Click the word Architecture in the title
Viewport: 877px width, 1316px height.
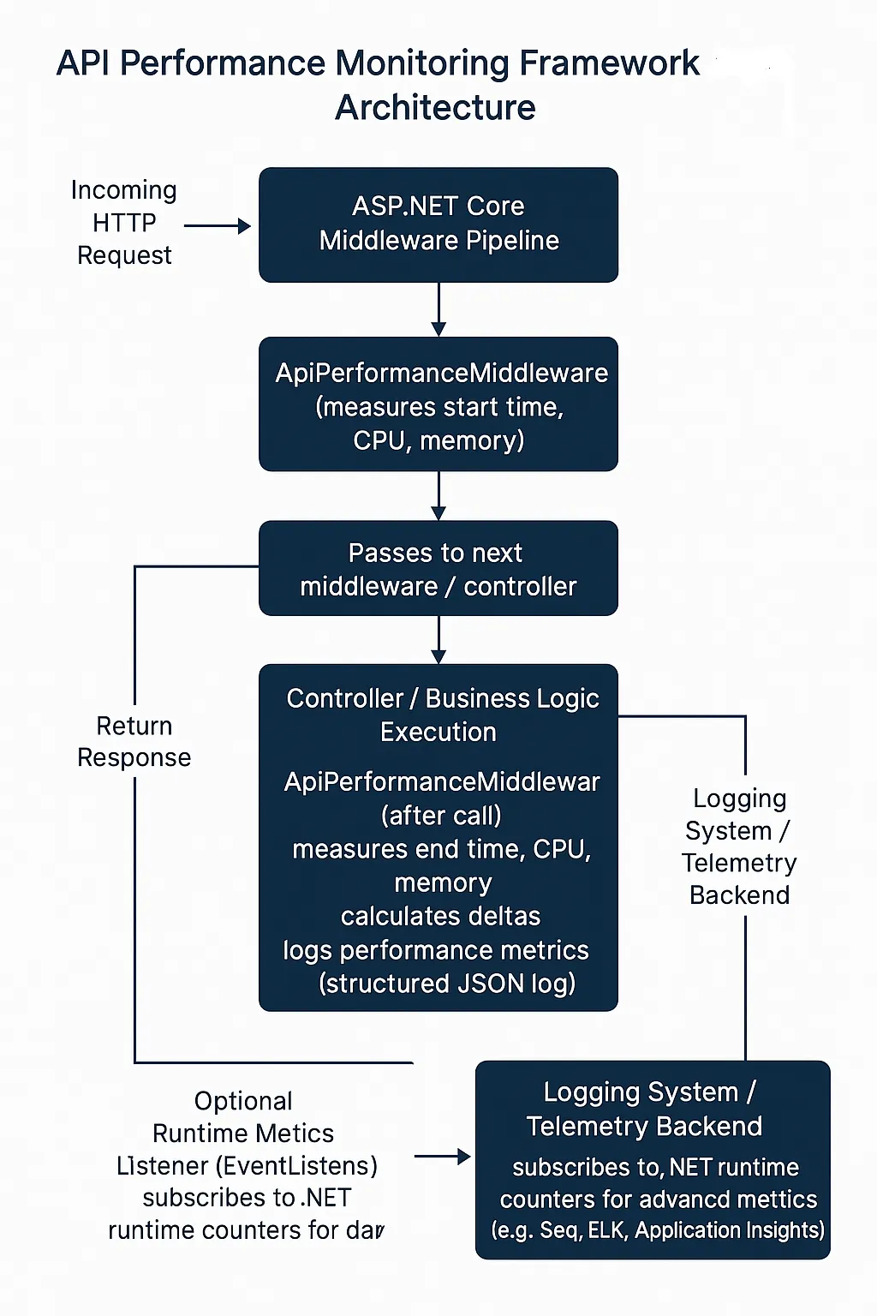[x=435, y=108]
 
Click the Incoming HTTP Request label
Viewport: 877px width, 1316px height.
[x=124, y=223]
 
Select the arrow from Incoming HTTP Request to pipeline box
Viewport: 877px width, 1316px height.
[x=217, y=226]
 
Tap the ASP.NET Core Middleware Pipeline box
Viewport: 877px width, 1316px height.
[x=438, y=224]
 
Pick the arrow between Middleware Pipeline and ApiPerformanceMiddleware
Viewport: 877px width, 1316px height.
[x=438, y=309]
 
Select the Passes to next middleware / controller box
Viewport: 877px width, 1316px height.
[x=438, y=569]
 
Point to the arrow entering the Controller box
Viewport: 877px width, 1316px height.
[x=438, y=639]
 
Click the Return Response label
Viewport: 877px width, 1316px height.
[x=134, y=742]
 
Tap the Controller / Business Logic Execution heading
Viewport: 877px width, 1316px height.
[x=442, y=715]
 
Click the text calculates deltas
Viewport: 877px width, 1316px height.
[x=440, y=916]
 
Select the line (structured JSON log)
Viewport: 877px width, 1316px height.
[x=446, y=984]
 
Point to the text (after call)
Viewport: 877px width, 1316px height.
[x=441, y=815]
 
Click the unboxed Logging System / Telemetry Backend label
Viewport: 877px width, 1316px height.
[x=739, y=846]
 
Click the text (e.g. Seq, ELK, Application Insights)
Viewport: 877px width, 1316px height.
[x=657, y=1230]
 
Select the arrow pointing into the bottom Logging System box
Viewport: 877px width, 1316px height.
[x=442, y=1157]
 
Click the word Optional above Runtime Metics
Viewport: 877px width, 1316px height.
[x=243, y=1101]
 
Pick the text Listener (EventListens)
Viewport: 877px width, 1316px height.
[x=247, y=1166]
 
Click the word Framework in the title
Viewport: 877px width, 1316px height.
[x=609, y=63]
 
